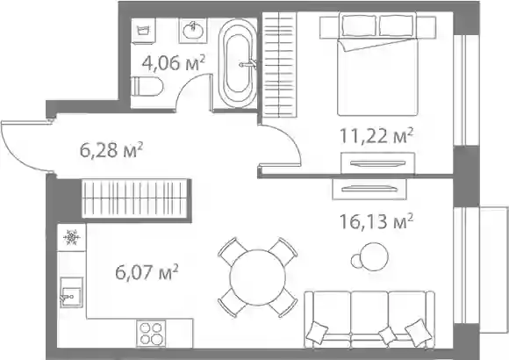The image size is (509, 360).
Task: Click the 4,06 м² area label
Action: [x=174, y=62]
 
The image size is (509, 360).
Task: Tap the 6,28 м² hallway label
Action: [x=111, y=150]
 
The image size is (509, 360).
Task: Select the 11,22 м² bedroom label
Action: [x=376, y=135]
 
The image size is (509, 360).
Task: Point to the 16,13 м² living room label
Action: [x=376, y=221]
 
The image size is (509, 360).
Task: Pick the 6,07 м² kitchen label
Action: [x=147, y=271]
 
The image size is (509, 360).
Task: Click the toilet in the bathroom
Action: [x=148, y=86]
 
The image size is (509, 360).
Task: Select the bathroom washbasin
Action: [x=193, y=30]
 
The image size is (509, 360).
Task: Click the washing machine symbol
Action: [x=144, y=30]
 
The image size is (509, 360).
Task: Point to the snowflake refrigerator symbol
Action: [x=71, y=237]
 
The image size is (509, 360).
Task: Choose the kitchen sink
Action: [x=71, y=292]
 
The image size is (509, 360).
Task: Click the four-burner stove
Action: [x=151, y=333]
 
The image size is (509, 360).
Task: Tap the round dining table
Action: [x=258, y=277]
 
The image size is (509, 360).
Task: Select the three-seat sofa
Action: [x=369, y=320]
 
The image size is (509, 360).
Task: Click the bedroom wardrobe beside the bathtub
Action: [x=279, y=64]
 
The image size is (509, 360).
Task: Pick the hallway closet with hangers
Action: [x=136, y=198]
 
